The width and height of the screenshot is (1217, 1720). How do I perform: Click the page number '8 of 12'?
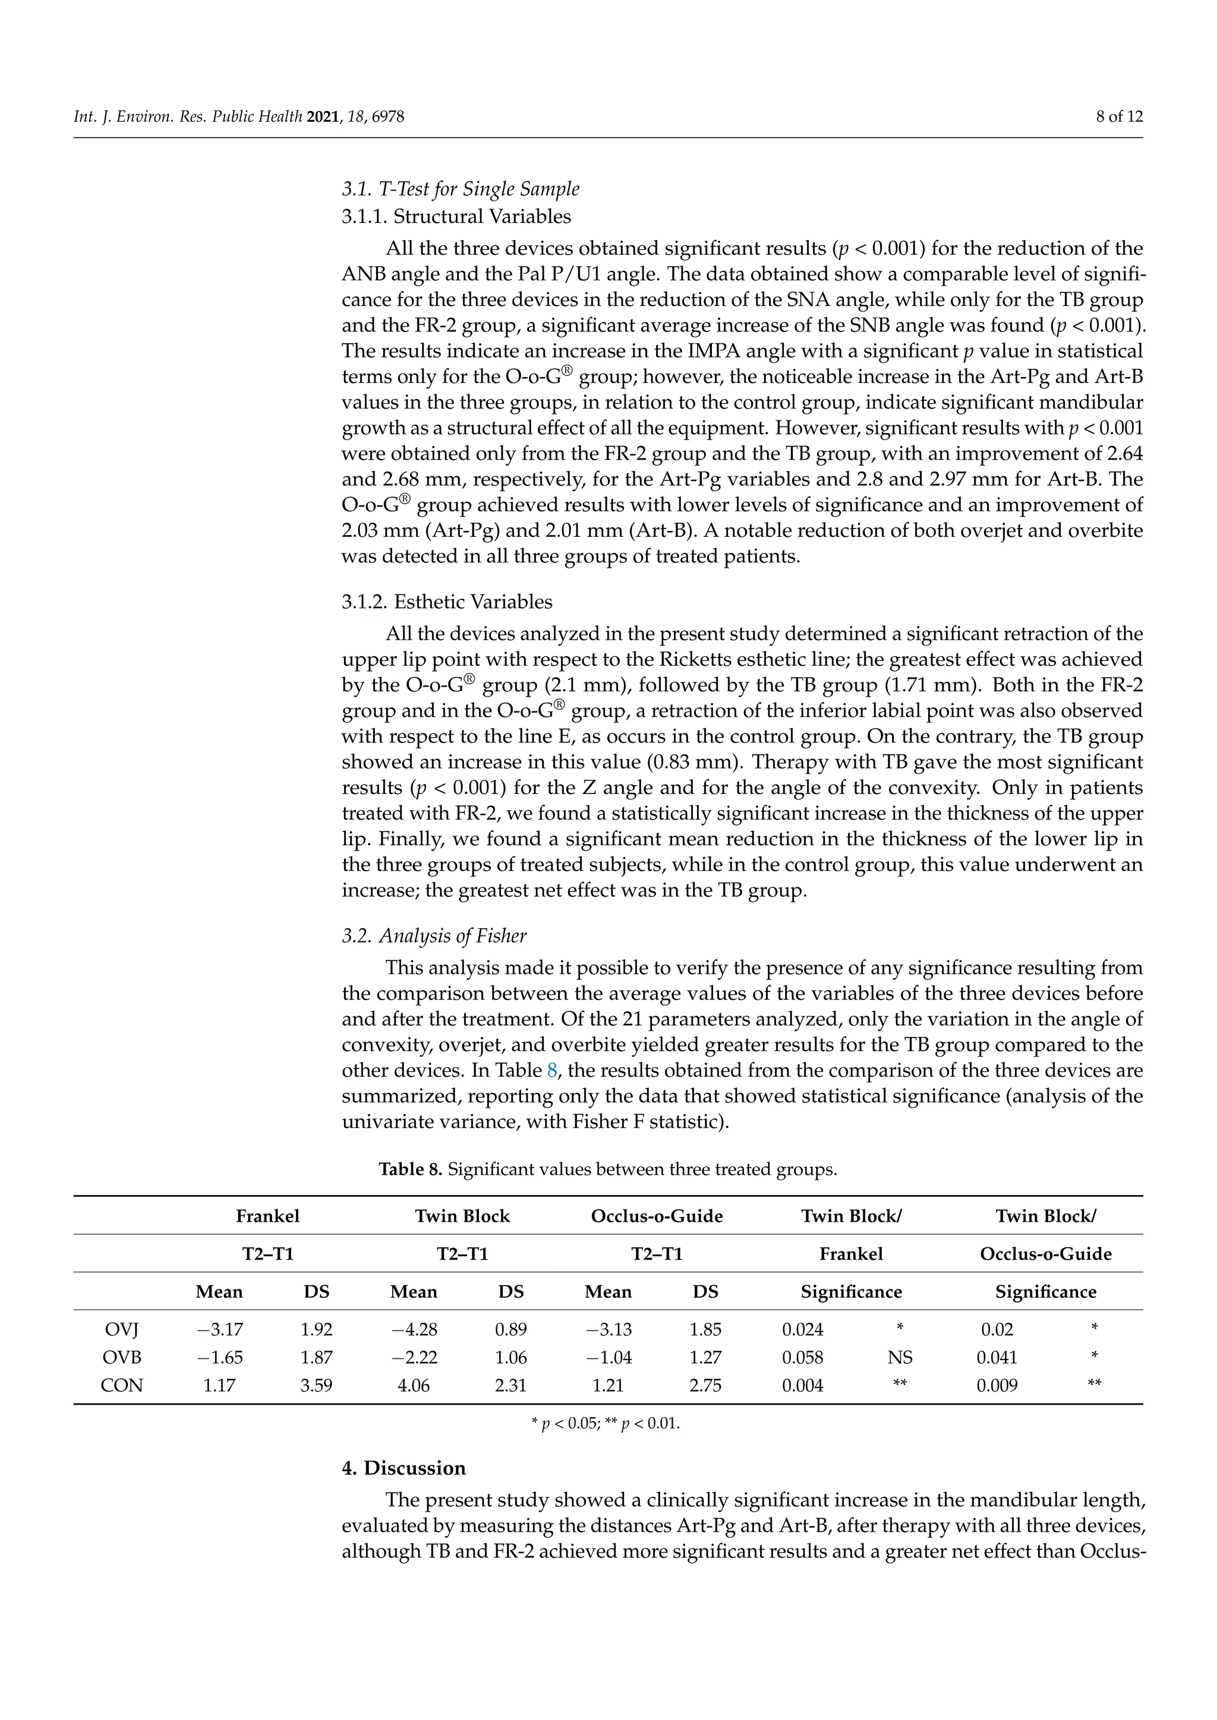click(x=1118, y=117)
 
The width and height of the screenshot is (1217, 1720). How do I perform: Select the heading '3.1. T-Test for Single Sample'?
click(x=460, y=189)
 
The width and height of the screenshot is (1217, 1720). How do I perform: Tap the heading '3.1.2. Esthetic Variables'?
click(x=447, y=602)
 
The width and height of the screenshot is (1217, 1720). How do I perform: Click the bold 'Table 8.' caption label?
click(x=410, y=1169)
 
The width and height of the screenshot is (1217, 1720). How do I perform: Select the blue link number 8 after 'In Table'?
click(x=551, y=1070)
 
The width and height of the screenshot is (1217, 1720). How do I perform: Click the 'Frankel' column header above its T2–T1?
click(x=267, y=1216)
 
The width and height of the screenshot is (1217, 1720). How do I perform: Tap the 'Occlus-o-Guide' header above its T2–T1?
click(x=657, y=1216)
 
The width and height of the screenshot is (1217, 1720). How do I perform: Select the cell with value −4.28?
click(x=414, y=1330)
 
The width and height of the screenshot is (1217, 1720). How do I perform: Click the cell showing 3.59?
click(x=316, y=1386)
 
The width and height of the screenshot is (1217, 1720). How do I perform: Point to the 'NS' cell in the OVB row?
click(x=900, y=1358)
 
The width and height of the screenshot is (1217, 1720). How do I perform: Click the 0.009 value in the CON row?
click(x=997, y=1386)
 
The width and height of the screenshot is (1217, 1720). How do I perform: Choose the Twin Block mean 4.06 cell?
click(x=414, y=1386)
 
